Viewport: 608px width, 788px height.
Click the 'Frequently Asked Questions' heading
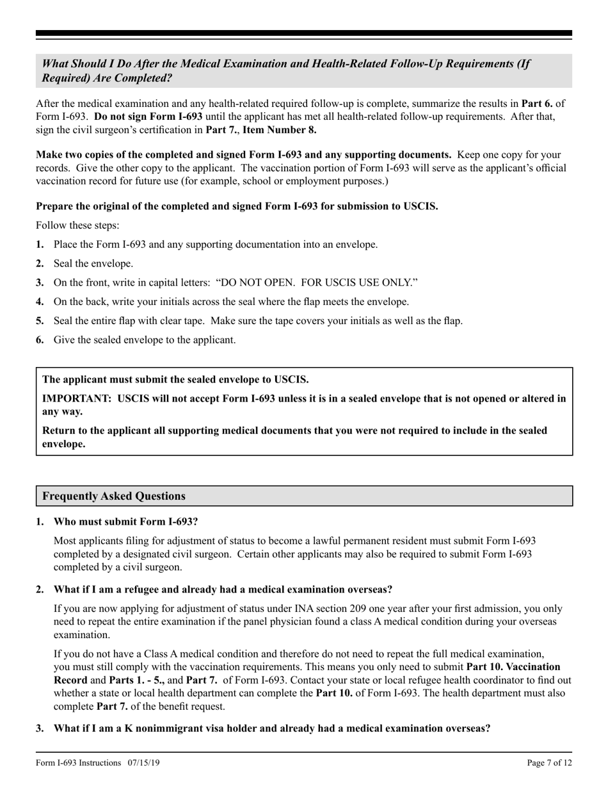coord(114,496)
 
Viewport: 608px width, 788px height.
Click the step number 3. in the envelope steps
coord(40,283)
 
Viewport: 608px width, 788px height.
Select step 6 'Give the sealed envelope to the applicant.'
coord(145,340)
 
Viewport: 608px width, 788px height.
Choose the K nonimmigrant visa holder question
coord(272,728)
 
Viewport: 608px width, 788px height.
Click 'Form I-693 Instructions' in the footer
coord(79,762)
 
